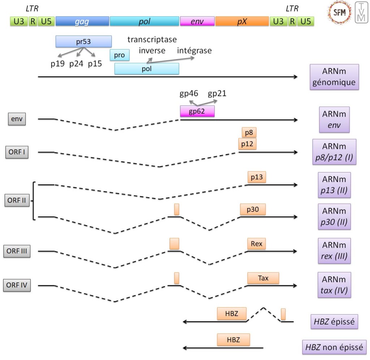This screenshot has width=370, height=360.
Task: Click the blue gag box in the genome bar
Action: [x=82, y=21]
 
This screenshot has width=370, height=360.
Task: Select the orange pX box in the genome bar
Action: [x=242, y=21]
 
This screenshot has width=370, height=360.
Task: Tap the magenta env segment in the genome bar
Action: [x=197, y=21]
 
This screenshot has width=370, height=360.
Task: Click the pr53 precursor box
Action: [x=83, y=42]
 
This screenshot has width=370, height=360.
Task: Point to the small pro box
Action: [x=119, y=55]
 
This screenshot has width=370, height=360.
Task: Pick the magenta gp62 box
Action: [x=197, y=111]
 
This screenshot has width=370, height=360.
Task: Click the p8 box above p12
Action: [x=249, y=133]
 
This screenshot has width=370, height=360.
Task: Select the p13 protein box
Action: [x=257, y=177]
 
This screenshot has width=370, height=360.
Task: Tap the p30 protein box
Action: [x=253, y=209]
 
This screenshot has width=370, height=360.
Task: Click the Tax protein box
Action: [x=263, y=278]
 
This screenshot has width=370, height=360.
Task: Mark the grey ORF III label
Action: [x=17, y=251]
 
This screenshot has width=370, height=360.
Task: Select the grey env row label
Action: [x=17, y=119]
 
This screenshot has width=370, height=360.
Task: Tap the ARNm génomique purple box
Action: [x=334, y=77]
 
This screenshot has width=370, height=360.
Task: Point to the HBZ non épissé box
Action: [x=334, y=347]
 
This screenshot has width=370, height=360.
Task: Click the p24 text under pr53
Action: [x=76, y=64]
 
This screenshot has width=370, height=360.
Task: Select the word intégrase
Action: [x=194, y=51]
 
